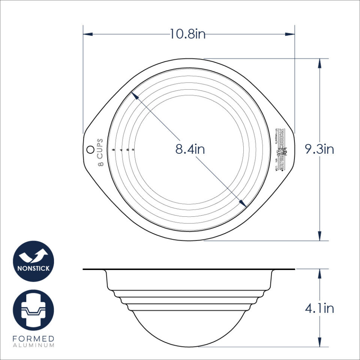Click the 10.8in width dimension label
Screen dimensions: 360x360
(187, 34)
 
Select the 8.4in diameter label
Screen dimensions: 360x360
(190, 150)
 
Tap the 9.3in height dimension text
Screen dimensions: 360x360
(319, 150)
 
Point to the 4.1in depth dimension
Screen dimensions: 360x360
(319, 309)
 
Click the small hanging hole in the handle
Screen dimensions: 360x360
(90, 149)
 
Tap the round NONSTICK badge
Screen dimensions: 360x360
(34, 261)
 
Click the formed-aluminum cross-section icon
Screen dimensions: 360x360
(34, 310)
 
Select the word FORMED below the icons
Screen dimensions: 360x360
(34, 339)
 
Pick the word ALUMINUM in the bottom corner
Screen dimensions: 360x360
(34, 345)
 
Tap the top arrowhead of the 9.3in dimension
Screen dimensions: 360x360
(319, 63)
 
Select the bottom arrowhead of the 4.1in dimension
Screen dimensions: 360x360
(319, 342)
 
